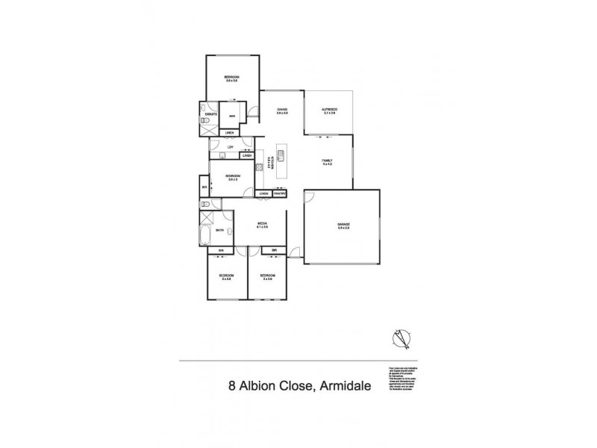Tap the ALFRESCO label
pyautogui.click(x=329, y=111)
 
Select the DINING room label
pyautogui.click(x=282, y=111)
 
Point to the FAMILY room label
pyautogui.click(x=327, y=161)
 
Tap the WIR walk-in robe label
pyautogui.click(x=232, y=116)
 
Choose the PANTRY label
pyautogui.click(x=280, y=193)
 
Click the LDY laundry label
pyautogui.click(x=230, y=147)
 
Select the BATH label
pyautogui.click(x=220, y=231)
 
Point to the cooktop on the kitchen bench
pyautogui.click(x=259, y=166)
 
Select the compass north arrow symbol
pyautogui.click(x=404, y=339)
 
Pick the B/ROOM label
pyautogui.click(x=232, y=177)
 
